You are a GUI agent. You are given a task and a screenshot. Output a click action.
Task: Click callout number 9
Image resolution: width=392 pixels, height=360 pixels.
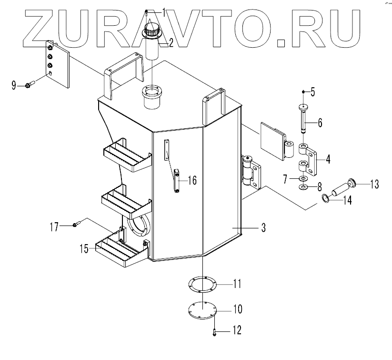pos(14,85)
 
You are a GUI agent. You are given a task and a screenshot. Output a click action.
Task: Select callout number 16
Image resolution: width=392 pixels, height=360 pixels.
pos(192,180)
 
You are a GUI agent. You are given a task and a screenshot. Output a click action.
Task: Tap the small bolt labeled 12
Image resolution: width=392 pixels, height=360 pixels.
pos(215,330)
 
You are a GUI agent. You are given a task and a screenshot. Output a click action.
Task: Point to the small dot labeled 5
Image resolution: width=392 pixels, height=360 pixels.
pos(304,91)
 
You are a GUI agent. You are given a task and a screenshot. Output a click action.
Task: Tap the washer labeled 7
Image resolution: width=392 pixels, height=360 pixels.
pos(303,178)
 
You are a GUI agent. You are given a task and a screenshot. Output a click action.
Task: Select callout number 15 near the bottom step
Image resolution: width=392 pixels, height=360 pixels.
pos(84,249)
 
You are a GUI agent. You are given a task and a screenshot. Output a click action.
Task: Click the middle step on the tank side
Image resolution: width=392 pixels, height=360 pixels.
pos(126,199)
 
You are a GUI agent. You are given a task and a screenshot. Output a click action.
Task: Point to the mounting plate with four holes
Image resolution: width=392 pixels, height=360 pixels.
pos(58,64)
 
